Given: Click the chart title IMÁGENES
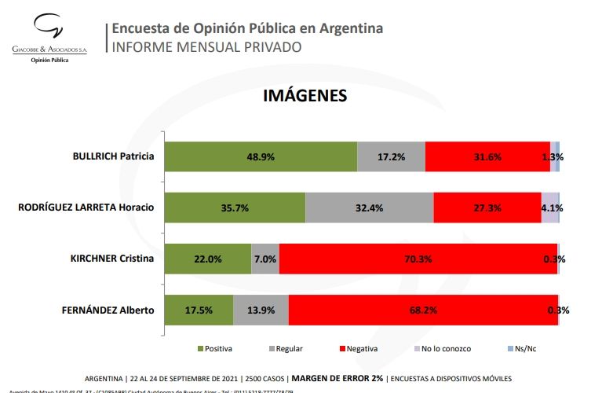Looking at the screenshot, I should point(305,96).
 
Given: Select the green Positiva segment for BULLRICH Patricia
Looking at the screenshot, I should point(261,156).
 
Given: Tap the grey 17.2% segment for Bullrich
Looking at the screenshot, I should point(391,156).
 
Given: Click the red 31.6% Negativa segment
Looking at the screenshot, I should point(487,156).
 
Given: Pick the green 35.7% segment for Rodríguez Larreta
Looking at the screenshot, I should point(235,208).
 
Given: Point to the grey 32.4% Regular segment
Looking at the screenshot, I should point(369,208).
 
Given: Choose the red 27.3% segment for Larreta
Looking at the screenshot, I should point(487,208).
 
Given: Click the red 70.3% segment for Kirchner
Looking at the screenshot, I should point(418,259).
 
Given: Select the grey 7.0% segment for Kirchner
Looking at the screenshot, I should point(265,259).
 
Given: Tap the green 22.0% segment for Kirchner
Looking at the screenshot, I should point(208,259).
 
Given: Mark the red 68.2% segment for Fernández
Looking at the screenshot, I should point(423,310).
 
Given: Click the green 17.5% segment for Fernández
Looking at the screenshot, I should point(199,310).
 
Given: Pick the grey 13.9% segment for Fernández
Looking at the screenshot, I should point(261,310).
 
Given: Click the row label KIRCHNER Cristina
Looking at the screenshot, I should point(111,259).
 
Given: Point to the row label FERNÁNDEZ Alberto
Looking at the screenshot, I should point(107,310).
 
